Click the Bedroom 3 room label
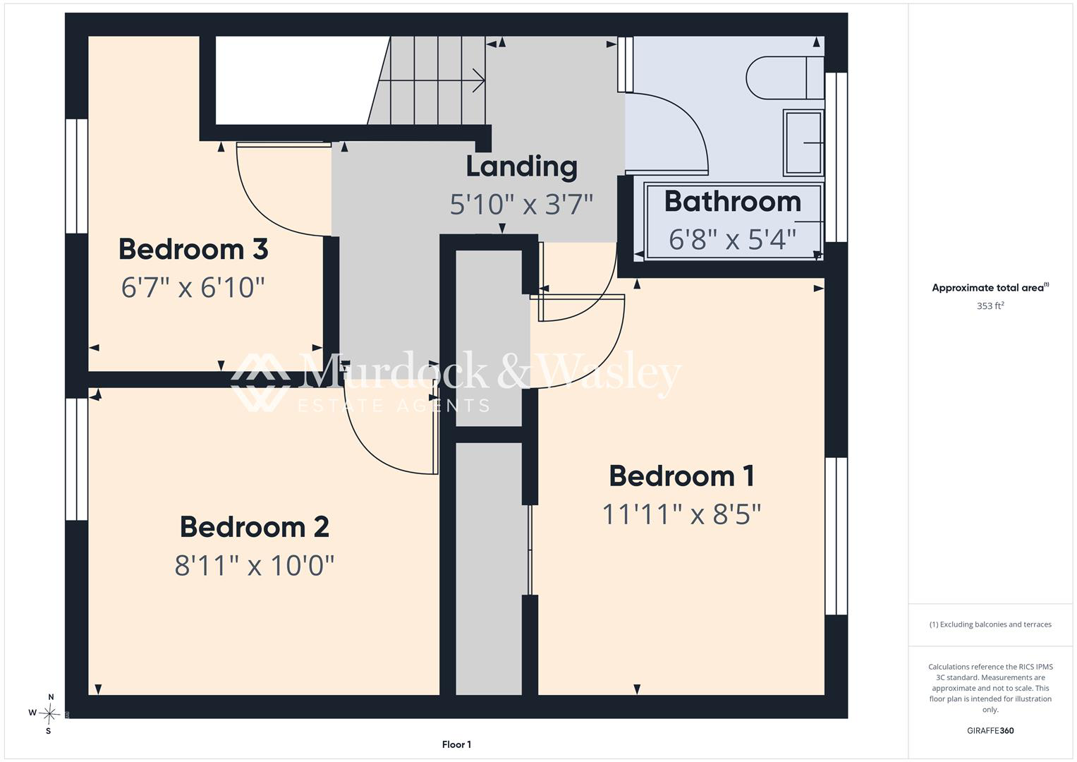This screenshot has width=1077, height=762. point(193,249)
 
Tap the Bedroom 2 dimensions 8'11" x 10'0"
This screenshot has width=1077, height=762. point(255,565)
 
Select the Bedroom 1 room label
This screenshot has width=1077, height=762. point(681,476)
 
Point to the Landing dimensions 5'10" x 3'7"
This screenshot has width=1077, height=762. point(521,204)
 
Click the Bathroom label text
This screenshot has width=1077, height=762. point(733,201)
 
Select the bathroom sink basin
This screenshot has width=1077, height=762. point(803,143)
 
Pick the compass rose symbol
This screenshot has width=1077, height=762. point(49,713)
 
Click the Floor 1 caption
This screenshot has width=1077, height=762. point(456,744)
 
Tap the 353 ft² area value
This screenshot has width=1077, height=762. point(990,306)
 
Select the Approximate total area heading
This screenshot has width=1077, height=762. point(990,288)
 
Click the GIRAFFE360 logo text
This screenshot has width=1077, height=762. point(990,730)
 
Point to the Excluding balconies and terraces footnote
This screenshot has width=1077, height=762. point(990,624)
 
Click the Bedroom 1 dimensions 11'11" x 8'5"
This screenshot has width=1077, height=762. point(681,514)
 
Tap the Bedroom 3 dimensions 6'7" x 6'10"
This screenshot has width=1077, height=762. point(193,288)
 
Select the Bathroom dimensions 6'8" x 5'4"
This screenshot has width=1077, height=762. point(732,239)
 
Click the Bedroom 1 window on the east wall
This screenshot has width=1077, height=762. point(836,536)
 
